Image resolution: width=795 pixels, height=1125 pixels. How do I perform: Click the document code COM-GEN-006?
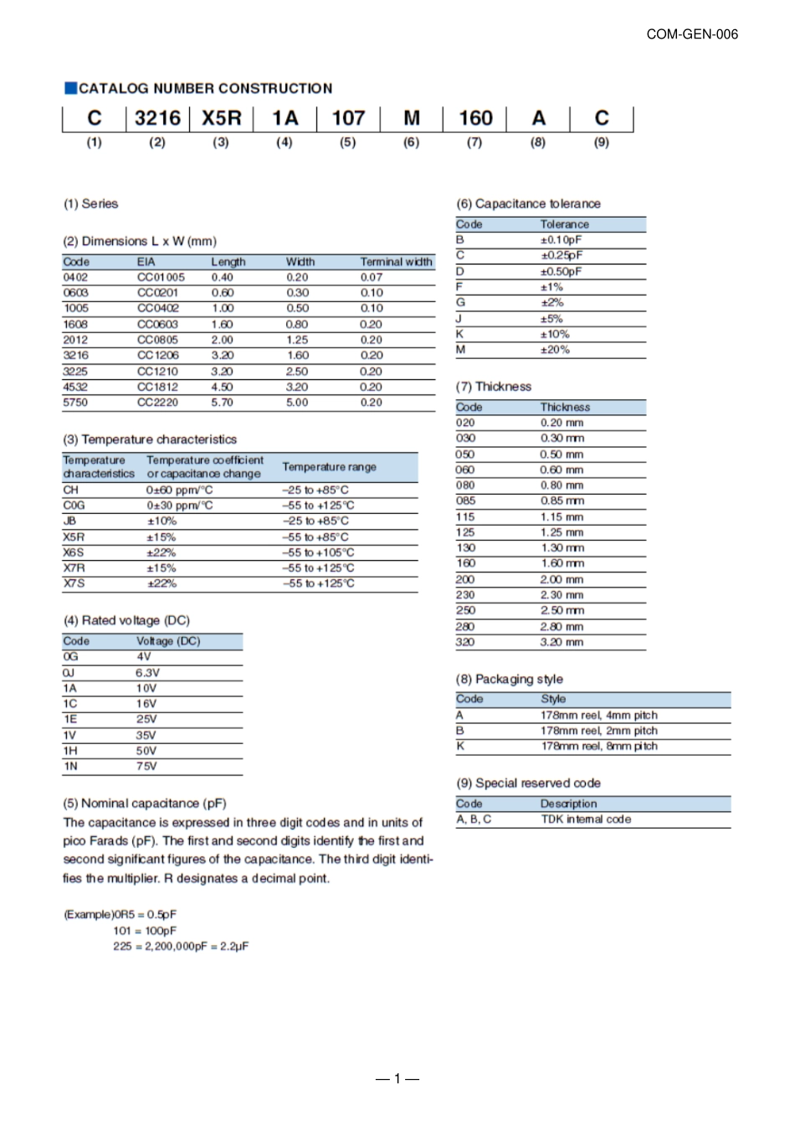point(692,34)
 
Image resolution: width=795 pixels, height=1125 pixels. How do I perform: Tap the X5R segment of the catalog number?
point(221,119)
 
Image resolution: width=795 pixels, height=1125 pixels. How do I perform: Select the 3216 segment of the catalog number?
point(157,119)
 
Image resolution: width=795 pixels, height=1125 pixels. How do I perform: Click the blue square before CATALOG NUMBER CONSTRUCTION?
point(70,88)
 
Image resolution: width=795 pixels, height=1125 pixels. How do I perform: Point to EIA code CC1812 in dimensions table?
point(157,388)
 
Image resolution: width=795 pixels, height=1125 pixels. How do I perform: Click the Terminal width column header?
point(396,262)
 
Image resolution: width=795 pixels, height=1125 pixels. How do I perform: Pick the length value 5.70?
point(223,403)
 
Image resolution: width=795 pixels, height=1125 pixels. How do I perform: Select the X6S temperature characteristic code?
point(74,552)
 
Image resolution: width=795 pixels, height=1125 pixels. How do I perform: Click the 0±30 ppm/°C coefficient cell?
point(180,506)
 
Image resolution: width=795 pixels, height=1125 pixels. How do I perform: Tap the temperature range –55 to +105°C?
point(318,552)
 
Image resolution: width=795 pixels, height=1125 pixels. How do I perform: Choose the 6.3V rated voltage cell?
point(147,673)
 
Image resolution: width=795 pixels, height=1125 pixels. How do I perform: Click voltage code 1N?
point(70,767)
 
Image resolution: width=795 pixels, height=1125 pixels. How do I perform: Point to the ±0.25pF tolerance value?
point(562,255)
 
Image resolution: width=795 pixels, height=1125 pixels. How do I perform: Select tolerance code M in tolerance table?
point(460,350)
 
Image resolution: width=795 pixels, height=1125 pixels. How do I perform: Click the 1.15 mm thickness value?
point(562,517)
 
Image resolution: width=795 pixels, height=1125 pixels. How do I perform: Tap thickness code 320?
point(465,642)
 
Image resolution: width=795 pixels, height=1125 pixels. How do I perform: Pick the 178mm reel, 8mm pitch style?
point(599,747)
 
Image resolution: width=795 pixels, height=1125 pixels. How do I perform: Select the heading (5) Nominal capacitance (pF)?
point(145,804)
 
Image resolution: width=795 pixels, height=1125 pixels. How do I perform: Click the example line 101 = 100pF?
point(145,931)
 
